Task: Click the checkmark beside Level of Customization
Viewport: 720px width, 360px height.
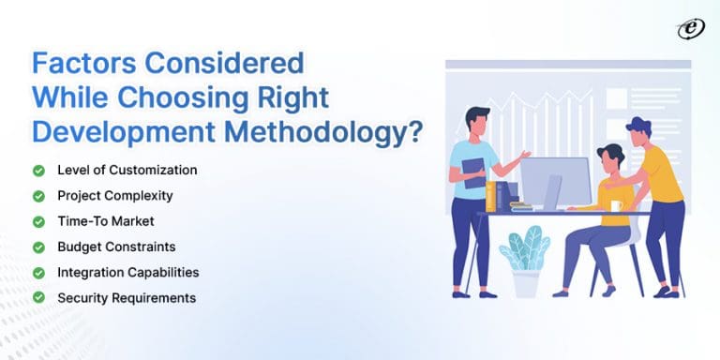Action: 38,171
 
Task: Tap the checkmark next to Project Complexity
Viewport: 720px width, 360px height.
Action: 38,196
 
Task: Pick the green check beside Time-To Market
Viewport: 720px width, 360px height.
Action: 38,221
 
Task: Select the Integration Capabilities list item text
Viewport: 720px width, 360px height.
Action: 127,272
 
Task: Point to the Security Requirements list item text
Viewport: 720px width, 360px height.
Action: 126,297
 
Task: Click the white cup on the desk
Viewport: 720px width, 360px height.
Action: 616,205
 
